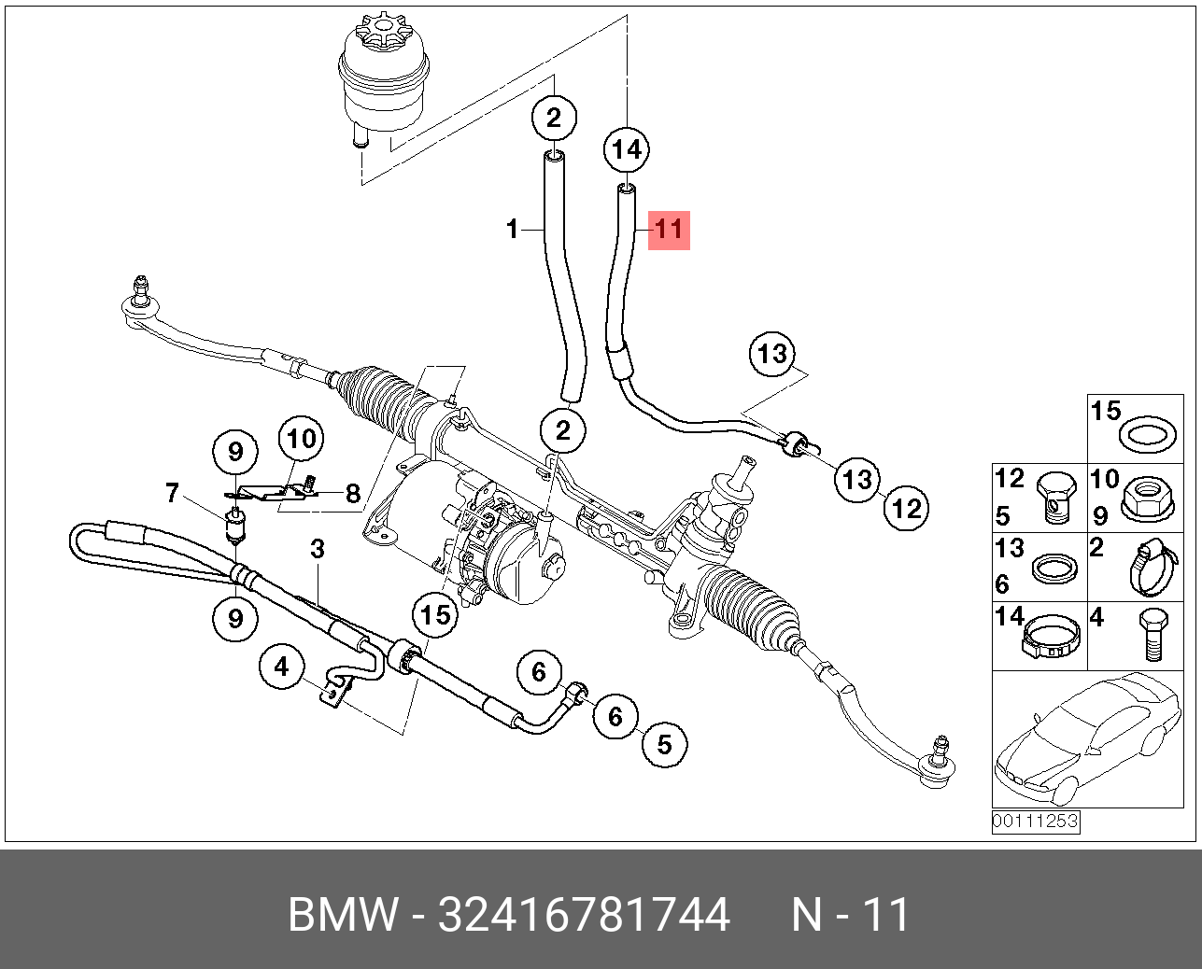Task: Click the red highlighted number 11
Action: click(669, 229)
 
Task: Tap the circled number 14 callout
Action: click(627, 149)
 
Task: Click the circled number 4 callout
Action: click(282, 667)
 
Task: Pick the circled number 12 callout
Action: click(906, 508)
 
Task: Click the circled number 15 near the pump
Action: click(435, 614)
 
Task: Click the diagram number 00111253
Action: click(1035, 822)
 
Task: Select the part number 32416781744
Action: click(584, 915)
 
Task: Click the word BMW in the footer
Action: click(342, 915)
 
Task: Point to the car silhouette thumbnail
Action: click(1087, 737)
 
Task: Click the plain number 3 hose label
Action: click(318, 549)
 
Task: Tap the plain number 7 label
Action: click(172, 492)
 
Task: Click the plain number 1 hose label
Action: click(512, 228)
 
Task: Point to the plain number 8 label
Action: click(353, 493)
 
